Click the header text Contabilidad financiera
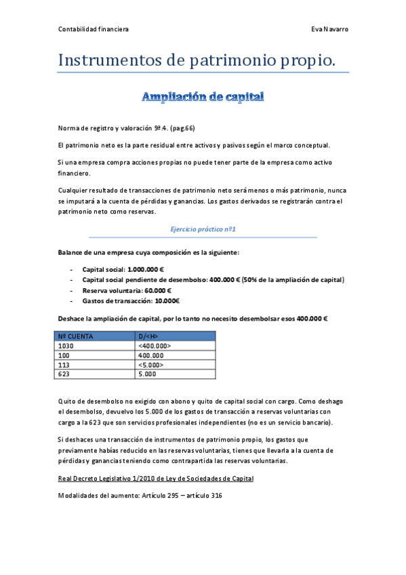pyautogui.click(x=94, y=29)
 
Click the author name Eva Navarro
pyautogui.click(x=329, y=29)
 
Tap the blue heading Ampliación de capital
pyautogui.click(x=203, y=97)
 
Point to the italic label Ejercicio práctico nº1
pyautogui.click(x=203, y=230)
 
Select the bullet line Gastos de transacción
pyautogui.click(x=130, y=300)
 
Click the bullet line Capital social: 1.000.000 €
pyautogui.click(x=127, y=269)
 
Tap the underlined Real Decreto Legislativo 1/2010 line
pyautogui.click(x=156, y=479)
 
